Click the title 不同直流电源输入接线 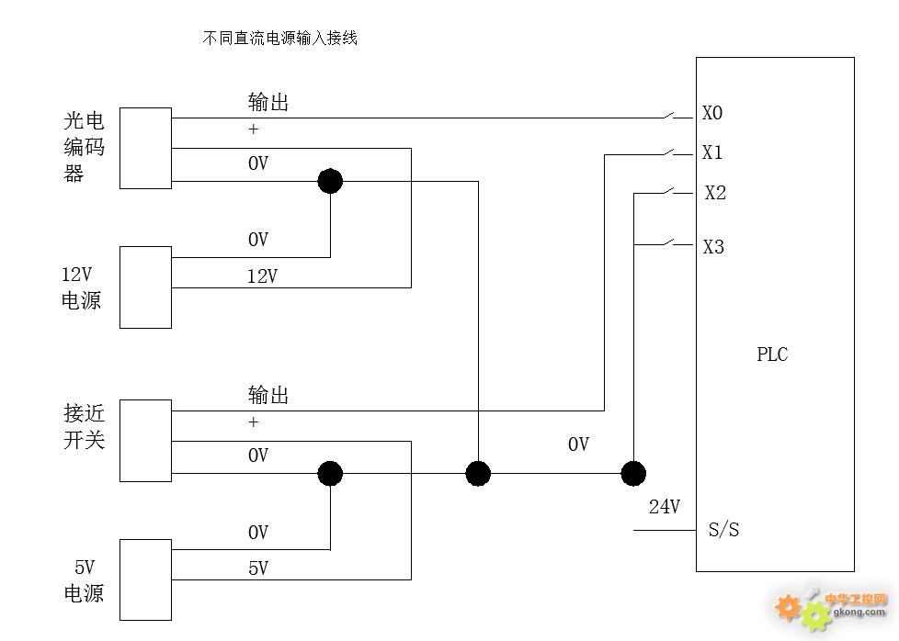coord(279,39)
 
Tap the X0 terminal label coord(712,113)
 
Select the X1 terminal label coord(712,152)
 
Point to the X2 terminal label coord(715,193)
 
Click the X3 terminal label coord(713,247)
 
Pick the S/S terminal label coord(724,530)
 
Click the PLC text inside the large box coord(772,354)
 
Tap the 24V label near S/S coord(664,506)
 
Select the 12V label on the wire coord(262,276)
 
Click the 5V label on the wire coord(258,568)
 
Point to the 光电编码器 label coord(85,147)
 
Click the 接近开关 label coord(85,427)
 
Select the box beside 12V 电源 coord(145,287)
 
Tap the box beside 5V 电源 coord(145,579)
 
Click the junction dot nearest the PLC coord(633,474)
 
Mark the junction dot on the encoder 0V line coord(330,181)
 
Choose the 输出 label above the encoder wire coord(268,102)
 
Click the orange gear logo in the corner coord(789,606)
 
